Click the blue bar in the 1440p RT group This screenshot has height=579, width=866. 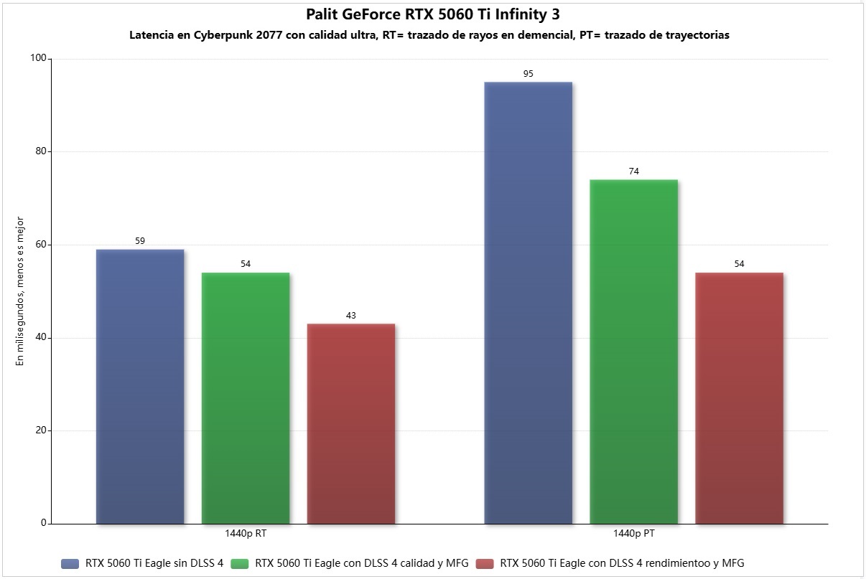point(140,387)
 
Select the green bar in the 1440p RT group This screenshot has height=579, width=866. point(246,398)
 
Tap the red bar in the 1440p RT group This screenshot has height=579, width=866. point(351,424)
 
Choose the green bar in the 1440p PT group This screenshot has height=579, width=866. point(634,352)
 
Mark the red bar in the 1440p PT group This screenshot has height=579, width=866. point(740,398)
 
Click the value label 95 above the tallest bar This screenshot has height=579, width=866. point(529,74)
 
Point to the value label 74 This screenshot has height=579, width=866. point(634,171)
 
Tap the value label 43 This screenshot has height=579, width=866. point(351,316)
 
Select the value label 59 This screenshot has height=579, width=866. point(140,241)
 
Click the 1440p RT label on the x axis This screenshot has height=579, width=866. point(246,534)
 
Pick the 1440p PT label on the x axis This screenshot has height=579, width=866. point(634,534)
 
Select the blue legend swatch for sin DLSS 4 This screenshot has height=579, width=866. point(70,564)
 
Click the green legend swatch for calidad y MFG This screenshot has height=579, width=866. point(241,564)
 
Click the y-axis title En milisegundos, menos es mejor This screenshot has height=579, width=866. point(20,291)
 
